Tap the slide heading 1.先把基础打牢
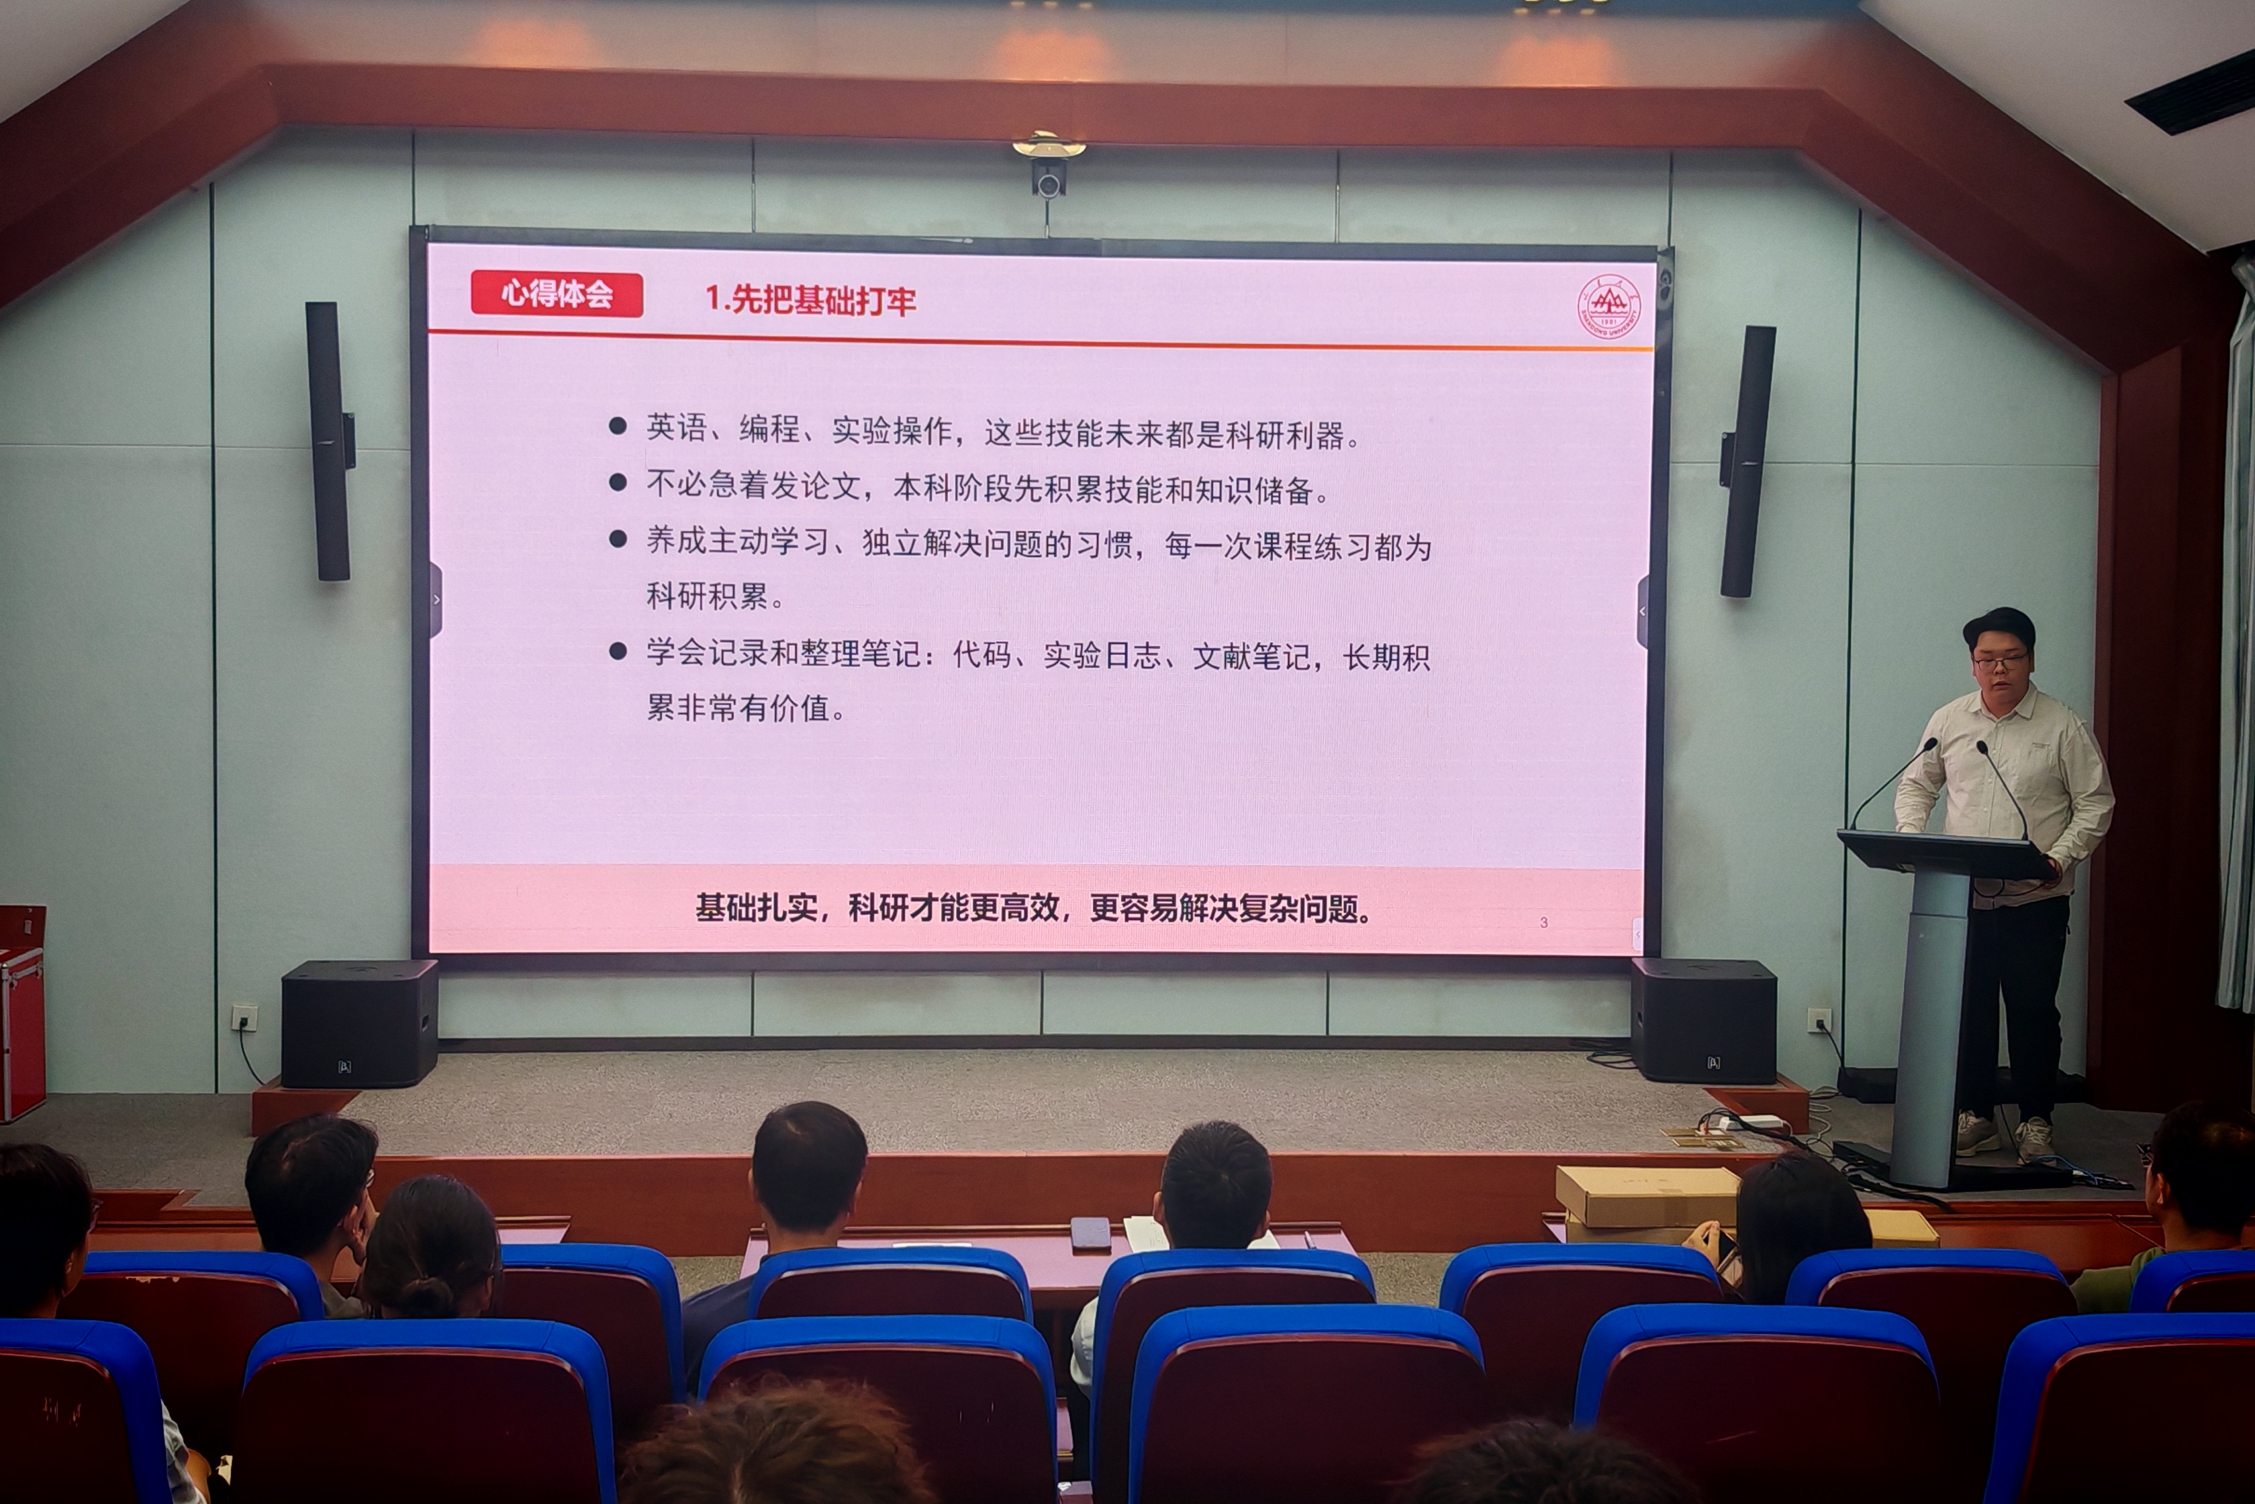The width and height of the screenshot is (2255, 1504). pyautogui.click(x=810, y=299)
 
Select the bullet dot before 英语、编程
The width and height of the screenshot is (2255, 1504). pyautogui.click(x=618, y=425)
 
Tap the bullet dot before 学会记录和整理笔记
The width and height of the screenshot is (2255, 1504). pyautogui.click(x=618, y=651)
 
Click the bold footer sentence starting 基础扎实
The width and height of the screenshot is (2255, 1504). pyautogui.click(x=1033, y=908)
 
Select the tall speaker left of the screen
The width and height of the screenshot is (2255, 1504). pyautogui.click(x=329, y=441)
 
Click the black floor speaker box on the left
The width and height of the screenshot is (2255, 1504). pyautogui.click(x=360, y=1023)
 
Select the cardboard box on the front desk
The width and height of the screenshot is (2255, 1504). pyautogui.click(x=1647, y=1198)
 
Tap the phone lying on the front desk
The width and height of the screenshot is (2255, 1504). pyautogui.click(x=1090, y=1234)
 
